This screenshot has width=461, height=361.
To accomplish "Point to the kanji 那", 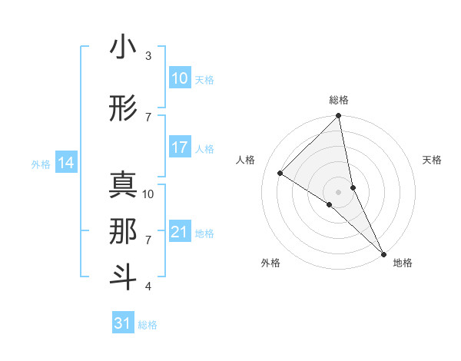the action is point(123,231).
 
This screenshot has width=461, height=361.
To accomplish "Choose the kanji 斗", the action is point(123,277).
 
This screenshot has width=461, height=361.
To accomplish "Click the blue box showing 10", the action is point(180,78).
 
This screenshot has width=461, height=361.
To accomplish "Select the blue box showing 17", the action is point(180,147).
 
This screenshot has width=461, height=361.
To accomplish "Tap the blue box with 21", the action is point(180,232).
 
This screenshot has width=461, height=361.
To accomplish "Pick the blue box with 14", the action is point(66,163).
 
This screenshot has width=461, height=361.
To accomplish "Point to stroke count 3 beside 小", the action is point(148,56).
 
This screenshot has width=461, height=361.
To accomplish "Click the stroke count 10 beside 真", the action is point(148,194).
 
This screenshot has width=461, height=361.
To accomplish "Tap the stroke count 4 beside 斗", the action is point(148,286).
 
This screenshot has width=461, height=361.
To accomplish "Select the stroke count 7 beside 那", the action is point(148,240).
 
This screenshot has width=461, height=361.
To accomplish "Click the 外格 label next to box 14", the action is point(41,164).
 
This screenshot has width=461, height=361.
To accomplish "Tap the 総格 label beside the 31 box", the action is point(148,324).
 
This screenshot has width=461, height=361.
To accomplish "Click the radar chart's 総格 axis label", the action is point(339,100).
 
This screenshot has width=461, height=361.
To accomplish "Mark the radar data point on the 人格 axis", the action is point(280,173).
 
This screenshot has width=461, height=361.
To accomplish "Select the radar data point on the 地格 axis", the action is point(383,253).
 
